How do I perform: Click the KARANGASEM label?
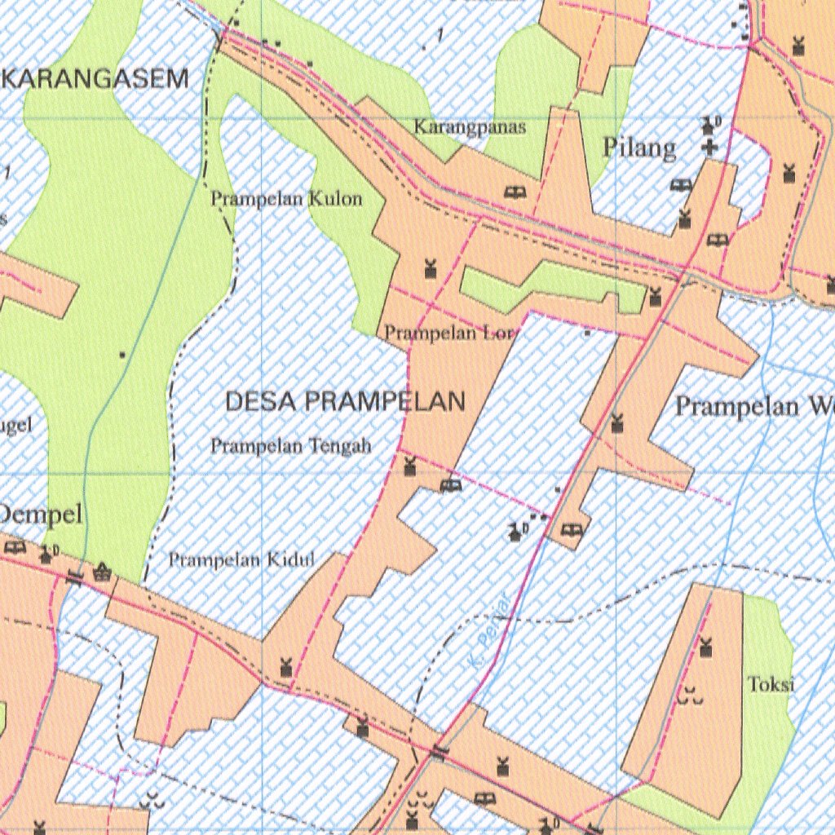pyautogui.click(x=97, y=79)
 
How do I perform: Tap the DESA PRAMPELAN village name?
pyautogui.click(x=345, y=401)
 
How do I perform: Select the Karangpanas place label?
pyautogui.click(x=470, y=127)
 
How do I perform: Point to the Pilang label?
pyautogui.click(x=639, y=148)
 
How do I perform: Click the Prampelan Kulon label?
pyautogui.click(x=286, y=198)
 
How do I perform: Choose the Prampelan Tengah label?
pyautogui.click(x=291, y=445)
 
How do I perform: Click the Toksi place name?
pyautogui.click(x=771, y=684)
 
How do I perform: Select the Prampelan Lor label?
pyautogui.click(x=450, y=332)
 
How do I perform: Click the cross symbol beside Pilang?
pyautogui.click(x=710, y=148)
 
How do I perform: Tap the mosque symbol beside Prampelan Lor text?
pyautogui.click(x=431, y=267)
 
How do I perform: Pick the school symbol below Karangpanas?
pyautogui.click(x=515, y=192)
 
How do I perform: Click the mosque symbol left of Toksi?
pyautogui.click(x=705, y=647)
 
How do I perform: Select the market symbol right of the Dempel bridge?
pyautogui.click(x=102, y=571)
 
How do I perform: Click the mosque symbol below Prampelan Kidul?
pyautogui.click(x=286, y=666)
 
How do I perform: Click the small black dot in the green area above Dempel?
pyautogui.click(x=122, y=355)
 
